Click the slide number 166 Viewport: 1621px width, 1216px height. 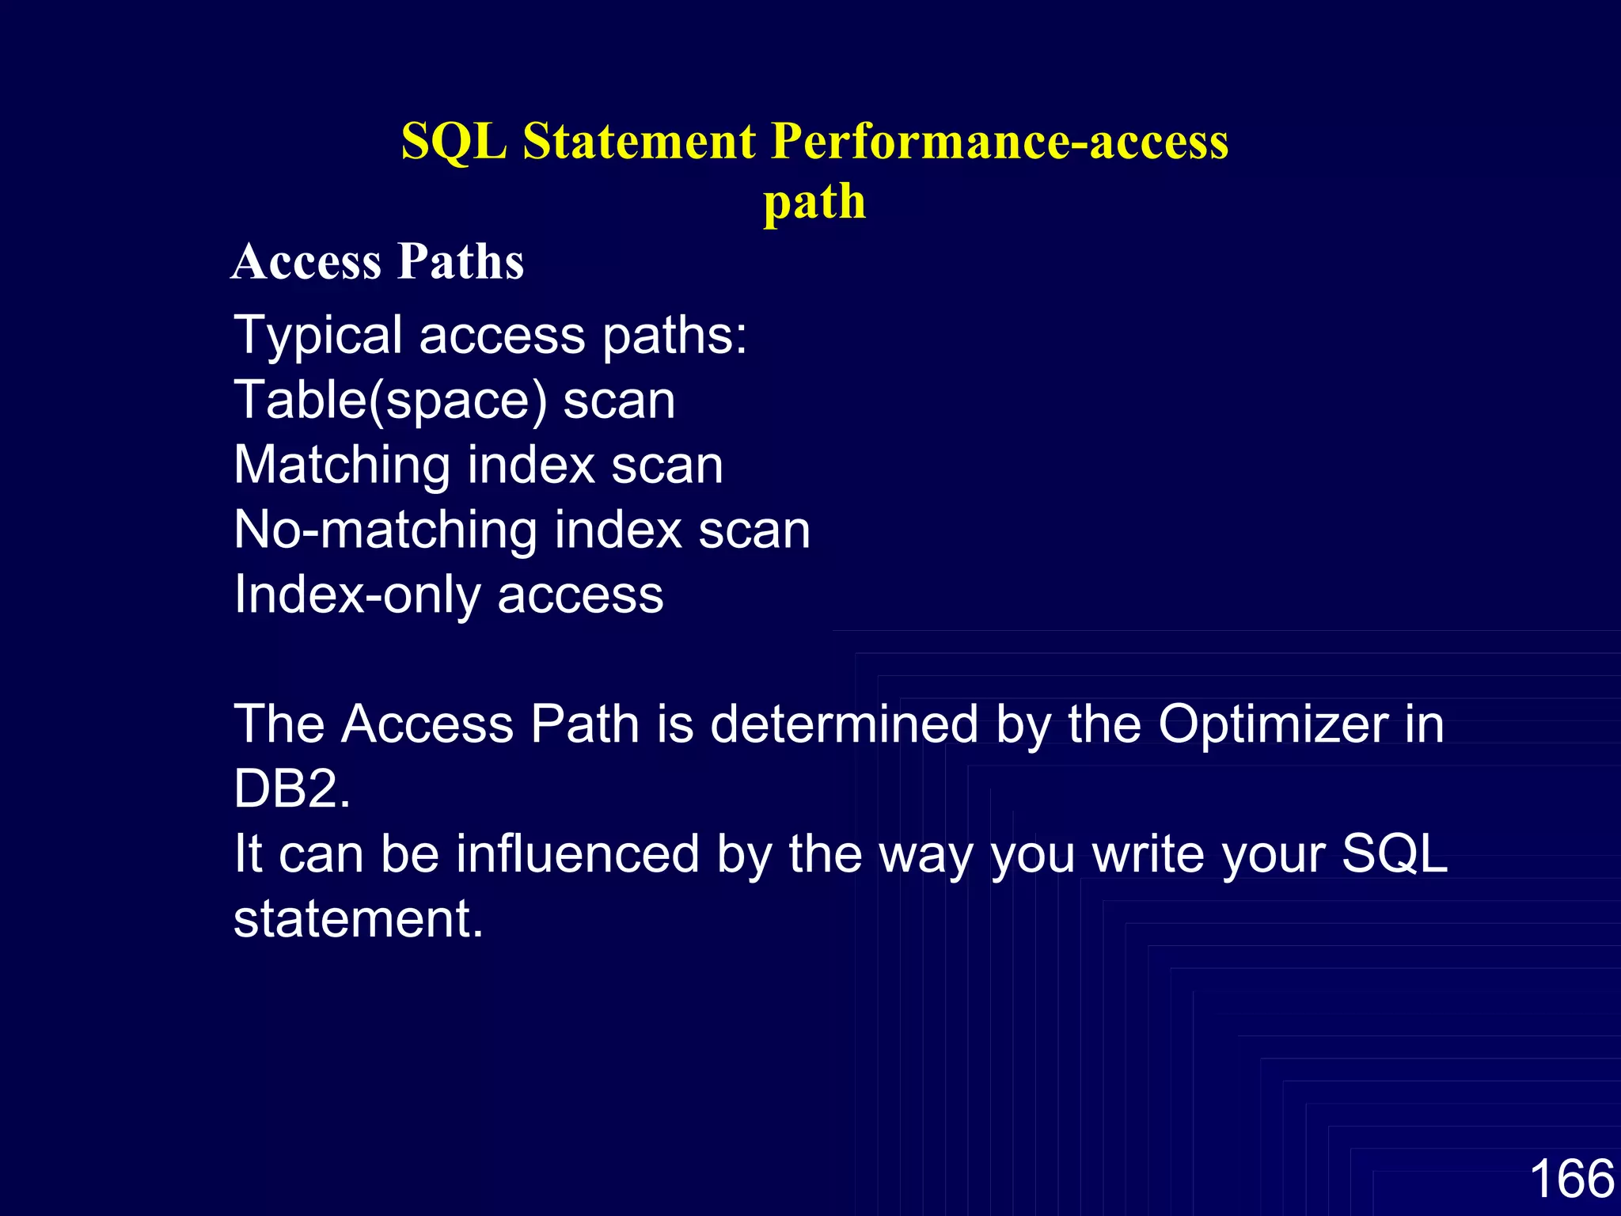click(x=1571, y=1178)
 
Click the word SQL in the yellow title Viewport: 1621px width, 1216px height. click(x=454, y=142)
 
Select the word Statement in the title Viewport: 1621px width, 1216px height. click(x=640, y=142)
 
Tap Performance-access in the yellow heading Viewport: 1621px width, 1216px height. click(x=1000, y=142)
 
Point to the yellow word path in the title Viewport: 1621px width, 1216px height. click(x=814, y=203)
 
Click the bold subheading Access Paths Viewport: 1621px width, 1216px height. click(x=378, y=261)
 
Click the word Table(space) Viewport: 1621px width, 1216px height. click(x=390, y=401)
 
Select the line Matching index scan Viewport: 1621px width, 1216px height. click(x=478, y=465)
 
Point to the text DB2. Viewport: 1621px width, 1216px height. click(x=292, y=789)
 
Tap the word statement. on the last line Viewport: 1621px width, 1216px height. click(x=359, y=919)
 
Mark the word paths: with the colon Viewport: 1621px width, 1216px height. click(x=674, y=336)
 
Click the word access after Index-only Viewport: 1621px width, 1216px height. click(x=580, y=595)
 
